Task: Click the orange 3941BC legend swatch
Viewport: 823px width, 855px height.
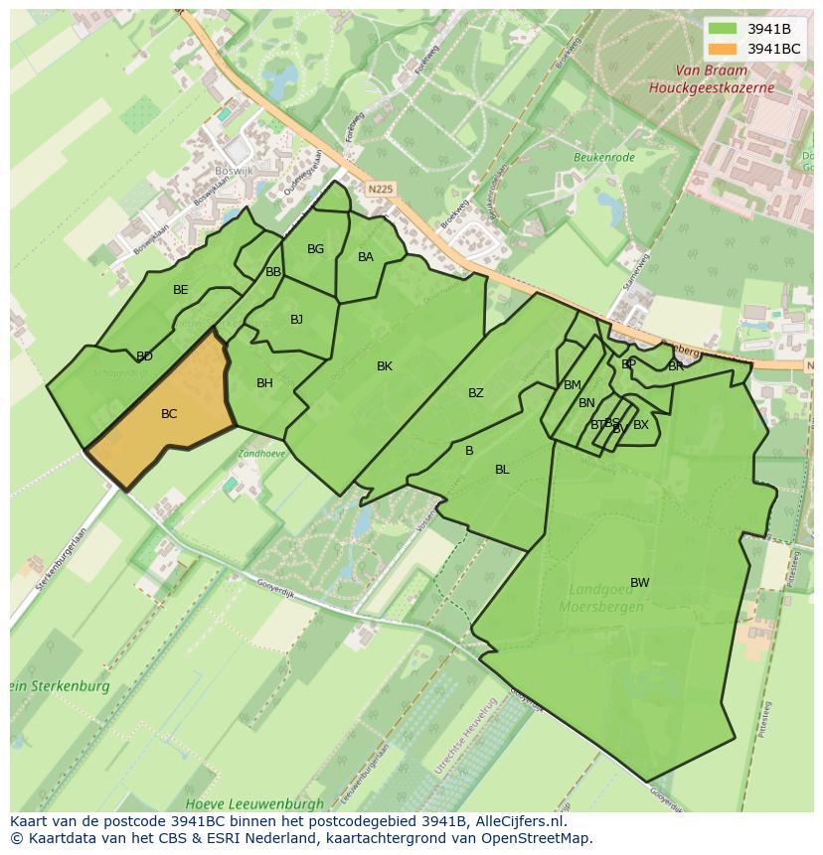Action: tap(723, 49)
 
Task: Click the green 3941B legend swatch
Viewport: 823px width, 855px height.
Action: tap(723, 29)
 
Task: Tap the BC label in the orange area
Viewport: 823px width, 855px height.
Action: tap(169, 414)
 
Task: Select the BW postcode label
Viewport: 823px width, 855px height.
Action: tap(639, 583)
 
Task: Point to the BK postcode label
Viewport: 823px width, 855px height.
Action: tap(385, 366)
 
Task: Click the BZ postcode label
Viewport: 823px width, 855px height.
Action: tap(476, 393)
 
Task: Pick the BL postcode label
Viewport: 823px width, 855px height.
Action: tap(502, 470)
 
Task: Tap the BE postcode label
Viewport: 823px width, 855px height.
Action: tap(180, 290)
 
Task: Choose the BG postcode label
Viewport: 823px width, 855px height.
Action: tap(315, 249)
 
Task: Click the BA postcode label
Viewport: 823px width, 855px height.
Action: tap(366, 257)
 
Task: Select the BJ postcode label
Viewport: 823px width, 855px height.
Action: tap(296, 320)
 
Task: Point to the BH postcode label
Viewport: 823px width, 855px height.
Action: tap(264, 383)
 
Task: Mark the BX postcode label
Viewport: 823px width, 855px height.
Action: tap(641, 425)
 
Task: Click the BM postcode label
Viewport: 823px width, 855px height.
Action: tap(572, 385)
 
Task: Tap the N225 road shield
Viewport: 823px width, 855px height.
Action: tap(379, 187)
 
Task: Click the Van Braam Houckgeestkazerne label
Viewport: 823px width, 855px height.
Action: tap(711, 79)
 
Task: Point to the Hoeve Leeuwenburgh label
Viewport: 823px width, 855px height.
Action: tap(254, 802)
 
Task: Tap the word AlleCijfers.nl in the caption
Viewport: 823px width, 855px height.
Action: tap(518, 822)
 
